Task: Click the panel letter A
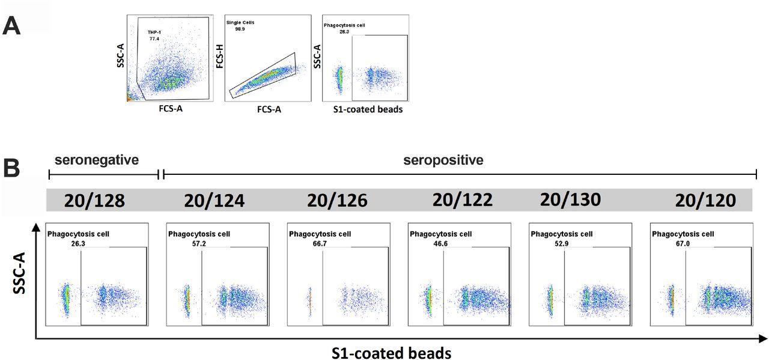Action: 14,27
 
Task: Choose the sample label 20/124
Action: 215,200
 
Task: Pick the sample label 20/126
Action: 337,200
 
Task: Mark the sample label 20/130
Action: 571,200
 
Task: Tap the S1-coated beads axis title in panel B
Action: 391,352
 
